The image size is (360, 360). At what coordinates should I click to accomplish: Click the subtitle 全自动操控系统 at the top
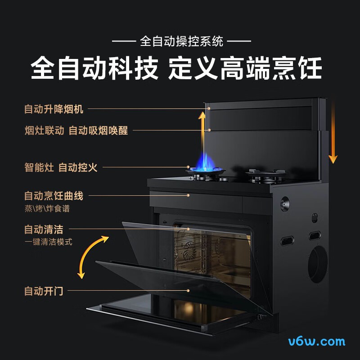[x=181, y=42]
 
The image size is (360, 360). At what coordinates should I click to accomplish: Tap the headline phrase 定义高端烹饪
[x=245, y=69]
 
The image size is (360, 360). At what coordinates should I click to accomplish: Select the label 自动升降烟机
[x=54, y=109]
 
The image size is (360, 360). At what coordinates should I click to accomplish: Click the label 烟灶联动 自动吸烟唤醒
[x=76, y=130]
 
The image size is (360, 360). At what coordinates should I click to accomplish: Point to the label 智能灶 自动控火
[x=61, y=167]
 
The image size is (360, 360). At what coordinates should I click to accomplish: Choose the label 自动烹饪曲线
[x=54, y=196]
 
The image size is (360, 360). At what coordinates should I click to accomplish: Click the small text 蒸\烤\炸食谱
[x=47, y=209]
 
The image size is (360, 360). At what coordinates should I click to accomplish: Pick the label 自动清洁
[x=44, y=229]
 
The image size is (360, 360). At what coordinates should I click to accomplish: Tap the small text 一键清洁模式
[x=48, y=242]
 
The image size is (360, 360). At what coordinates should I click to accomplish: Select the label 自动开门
[x=44, y=291]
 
